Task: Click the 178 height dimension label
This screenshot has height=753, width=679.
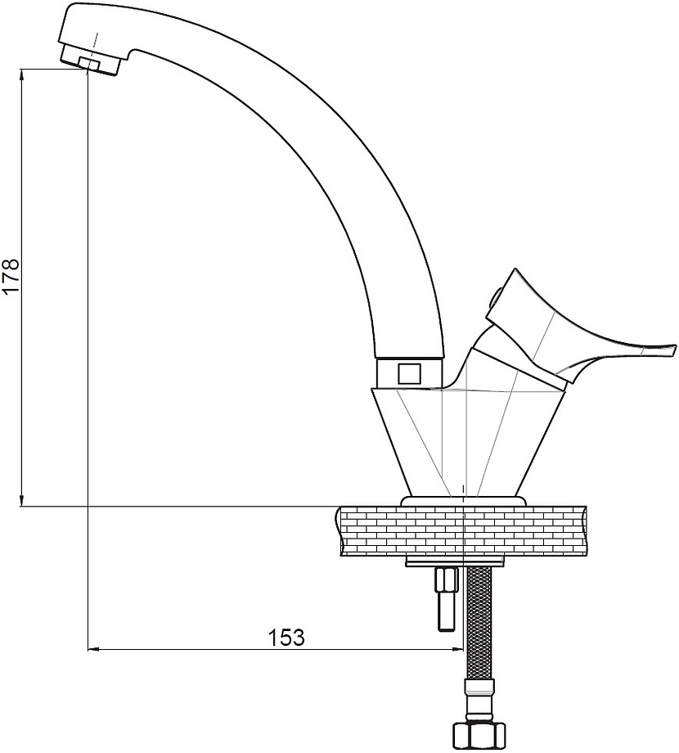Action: [x=11, y=277]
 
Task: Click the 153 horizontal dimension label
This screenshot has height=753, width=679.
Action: [x=286, y=638]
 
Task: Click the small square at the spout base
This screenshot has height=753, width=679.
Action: [x=410, y=373]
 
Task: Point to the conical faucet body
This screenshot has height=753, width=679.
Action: [x=465, y=442]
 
